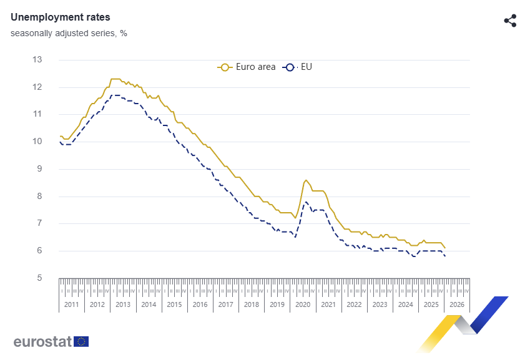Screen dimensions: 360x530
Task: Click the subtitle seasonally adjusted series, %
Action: (69, 33)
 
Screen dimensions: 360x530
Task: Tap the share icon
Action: (510, 21)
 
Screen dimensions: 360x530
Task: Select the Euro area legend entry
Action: (247, 67)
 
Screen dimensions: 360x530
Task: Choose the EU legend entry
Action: (298, 67)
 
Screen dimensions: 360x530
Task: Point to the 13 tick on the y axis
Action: (37, 60)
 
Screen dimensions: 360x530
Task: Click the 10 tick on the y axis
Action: (37, 142)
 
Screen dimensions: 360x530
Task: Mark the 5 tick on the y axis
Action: (39, 278)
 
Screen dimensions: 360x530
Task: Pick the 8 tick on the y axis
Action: (39, 197)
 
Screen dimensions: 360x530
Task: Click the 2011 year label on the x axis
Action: (71, 304)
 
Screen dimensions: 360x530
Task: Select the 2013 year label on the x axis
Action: (123, 304)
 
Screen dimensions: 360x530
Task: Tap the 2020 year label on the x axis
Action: (303, 304)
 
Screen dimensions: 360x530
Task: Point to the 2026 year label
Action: (456, 304)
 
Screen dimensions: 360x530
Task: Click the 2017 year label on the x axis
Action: (225, 304)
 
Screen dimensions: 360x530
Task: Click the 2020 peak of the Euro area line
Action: (306, 180)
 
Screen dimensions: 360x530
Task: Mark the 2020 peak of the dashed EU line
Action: (306, 202)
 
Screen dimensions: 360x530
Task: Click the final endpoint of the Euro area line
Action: (445, 248)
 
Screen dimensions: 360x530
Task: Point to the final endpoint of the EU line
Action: (445, 256)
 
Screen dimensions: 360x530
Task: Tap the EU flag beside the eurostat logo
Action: (81, 341)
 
